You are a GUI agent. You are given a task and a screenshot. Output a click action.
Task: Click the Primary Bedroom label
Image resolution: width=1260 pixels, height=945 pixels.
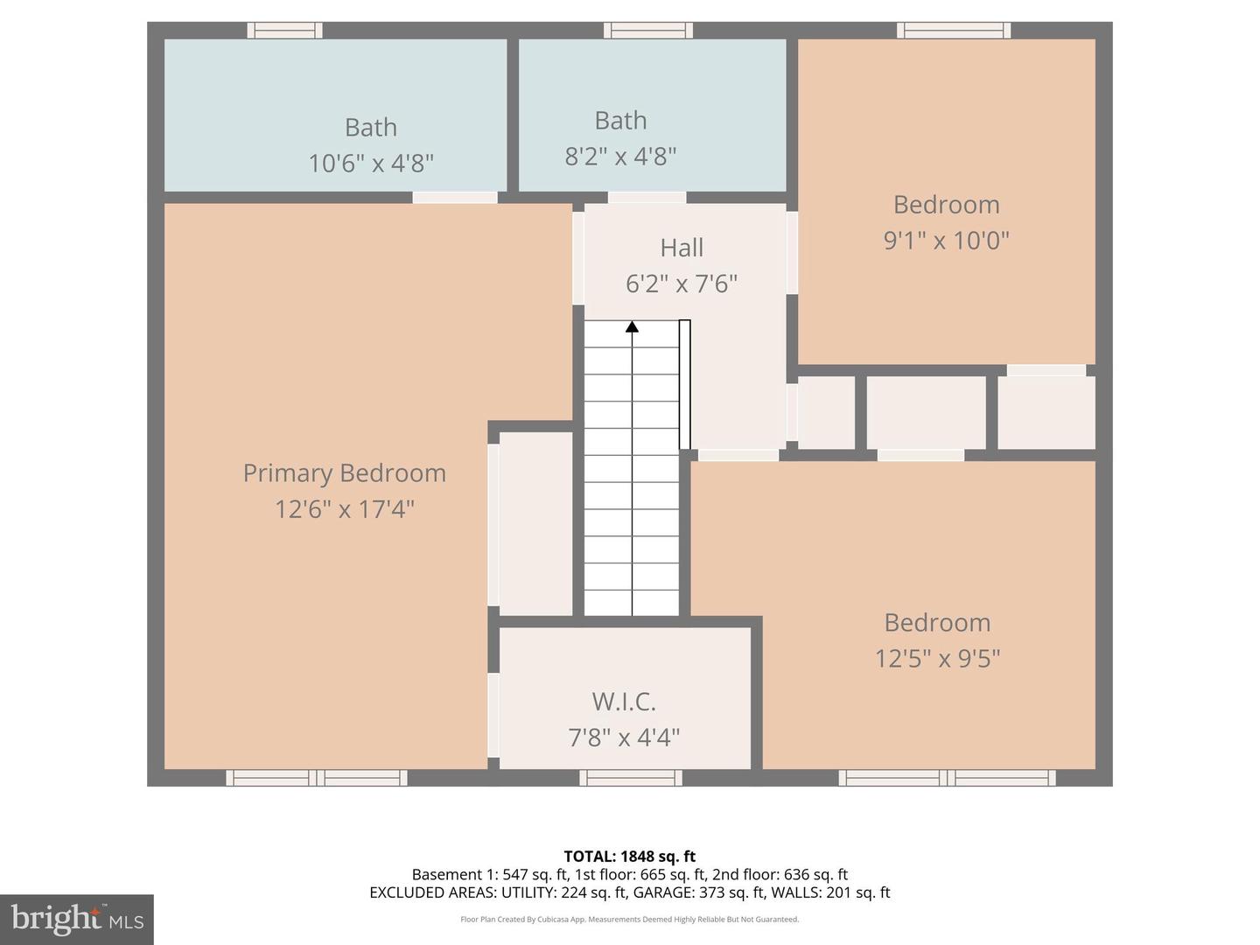pos(344,472)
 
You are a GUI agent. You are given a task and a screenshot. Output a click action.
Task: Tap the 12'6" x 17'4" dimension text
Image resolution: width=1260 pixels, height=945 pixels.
pos(344,508)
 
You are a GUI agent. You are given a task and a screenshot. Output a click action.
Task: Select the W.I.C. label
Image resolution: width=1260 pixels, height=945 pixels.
pos(624,701)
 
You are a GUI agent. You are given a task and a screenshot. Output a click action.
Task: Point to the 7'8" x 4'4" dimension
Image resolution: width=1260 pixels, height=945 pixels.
pos(624,738)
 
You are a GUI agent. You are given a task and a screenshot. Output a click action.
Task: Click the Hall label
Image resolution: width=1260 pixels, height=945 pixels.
pos(682,248)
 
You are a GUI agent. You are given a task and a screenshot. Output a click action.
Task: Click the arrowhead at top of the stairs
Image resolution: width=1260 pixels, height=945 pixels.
pos(632,327)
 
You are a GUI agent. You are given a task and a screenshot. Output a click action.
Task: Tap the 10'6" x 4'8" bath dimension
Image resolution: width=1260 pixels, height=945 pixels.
pos(371,163)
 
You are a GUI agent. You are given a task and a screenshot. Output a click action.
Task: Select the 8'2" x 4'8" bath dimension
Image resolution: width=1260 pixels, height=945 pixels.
pos(620,157)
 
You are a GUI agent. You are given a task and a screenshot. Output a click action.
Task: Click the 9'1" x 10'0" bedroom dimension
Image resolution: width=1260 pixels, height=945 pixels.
pos(946,240)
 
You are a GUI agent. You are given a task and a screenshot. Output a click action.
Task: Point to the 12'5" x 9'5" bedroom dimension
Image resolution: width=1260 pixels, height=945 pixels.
pos(937,658)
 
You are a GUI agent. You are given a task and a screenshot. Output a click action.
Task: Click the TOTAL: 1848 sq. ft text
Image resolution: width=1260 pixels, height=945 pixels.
pos(629,857)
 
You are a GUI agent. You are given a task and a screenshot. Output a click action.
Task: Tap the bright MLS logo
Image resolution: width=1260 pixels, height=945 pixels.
pos(77,919)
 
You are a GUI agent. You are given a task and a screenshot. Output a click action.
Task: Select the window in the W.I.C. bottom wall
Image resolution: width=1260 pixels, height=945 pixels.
pos(630,778)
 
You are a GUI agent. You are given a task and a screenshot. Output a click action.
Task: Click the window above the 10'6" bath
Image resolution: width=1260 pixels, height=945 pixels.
pos(284,31)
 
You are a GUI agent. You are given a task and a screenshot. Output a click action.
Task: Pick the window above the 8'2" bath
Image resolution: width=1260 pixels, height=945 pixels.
pos(648,31)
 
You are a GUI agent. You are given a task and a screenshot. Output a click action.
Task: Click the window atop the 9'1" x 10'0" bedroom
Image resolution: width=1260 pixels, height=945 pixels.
pos(954,31)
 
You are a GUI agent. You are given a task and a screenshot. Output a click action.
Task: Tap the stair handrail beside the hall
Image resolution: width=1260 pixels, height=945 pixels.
pos(685,385)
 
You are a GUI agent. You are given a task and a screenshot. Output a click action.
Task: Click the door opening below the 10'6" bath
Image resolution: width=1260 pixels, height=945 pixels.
pos(455,198)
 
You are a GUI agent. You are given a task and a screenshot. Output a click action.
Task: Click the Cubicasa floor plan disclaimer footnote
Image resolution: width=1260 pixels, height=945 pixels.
pos(629,920)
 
